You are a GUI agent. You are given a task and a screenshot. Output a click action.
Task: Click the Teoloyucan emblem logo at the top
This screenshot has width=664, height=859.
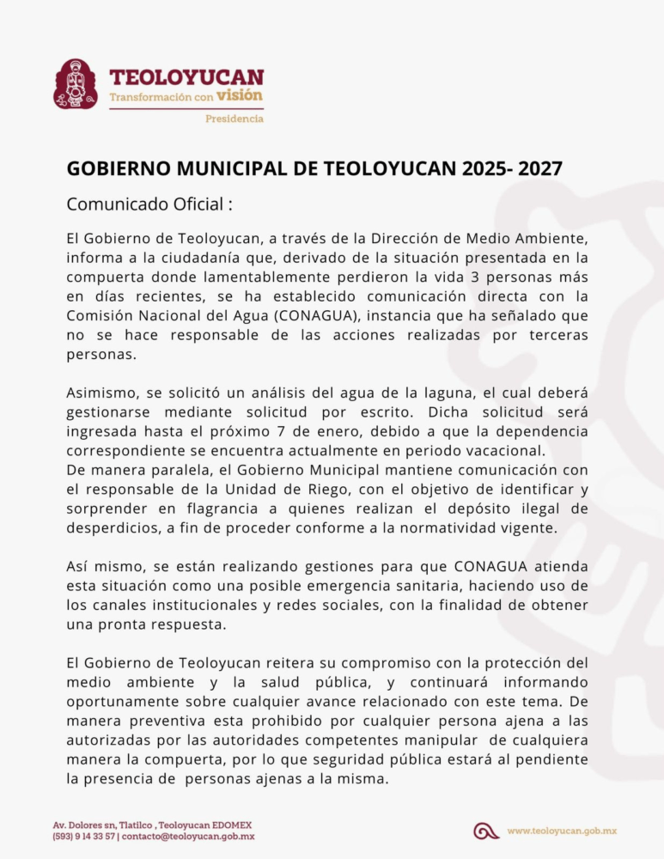point(76,84)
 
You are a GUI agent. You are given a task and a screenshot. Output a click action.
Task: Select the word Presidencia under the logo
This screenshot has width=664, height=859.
point(234,119)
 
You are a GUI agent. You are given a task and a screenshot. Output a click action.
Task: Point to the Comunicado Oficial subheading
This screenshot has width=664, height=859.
point(149,205)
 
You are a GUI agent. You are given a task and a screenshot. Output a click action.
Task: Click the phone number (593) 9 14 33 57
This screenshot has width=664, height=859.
point(83,837)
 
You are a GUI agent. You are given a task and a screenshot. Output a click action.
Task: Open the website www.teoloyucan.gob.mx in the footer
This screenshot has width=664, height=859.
point(562,831)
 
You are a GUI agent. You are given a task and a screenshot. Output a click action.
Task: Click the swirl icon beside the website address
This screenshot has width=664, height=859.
point(486,831)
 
